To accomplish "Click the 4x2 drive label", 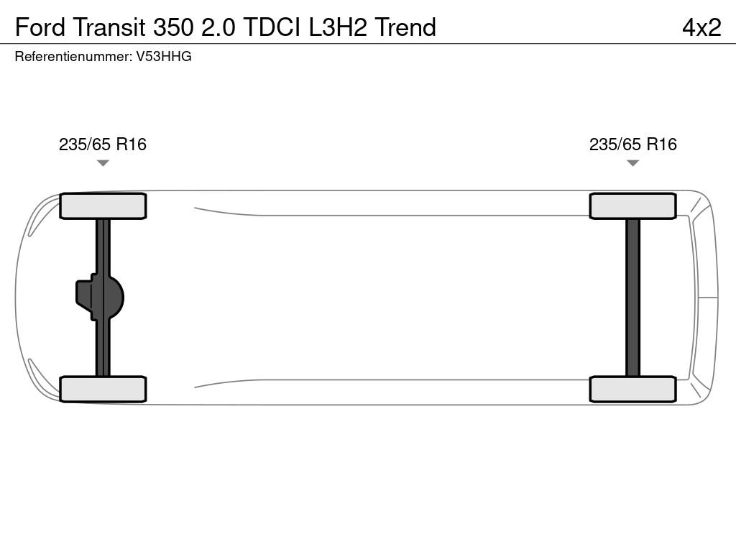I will (701, 27).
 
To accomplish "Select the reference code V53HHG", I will (164, 57).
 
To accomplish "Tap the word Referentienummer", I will (73, 57).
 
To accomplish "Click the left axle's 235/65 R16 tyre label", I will (103, 144).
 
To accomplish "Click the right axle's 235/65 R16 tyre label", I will (633, 144).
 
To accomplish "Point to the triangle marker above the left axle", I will (103, 163).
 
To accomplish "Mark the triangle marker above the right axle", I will (632, 163).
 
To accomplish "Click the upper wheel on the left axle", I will (103, 206).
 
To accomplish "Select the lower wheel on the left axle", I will (103, 389).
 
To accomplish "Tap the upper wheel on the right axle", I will (632, 206).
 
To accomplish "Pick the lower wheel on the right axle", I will (632, 389).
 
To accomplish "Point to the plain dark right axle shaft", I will (632, 297).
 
